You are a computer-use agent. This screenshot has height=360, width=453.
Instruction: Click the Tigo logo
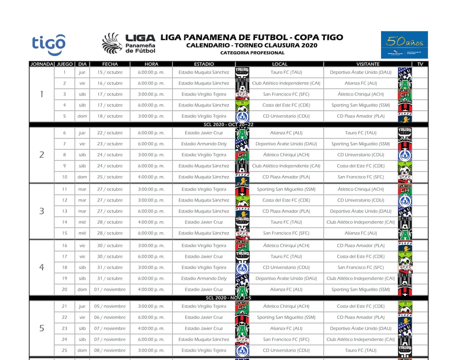point(49,45)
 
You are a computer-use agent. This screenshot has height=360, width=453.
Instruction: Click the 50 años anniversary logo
point(404,45)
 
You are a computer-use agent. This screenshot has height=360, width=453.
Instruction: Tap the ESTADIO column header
point(204,64)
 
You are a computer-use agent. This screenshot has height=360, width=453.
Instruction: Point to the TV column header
point(420,64)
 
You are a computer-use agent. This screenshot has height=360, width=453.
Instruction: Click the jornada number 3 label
point(42,211)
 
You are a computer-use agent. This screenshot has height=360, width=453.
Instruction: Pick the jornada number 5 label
point(42,328)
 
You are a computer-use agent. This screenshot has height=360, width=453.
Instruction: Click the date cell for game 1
point(110,72)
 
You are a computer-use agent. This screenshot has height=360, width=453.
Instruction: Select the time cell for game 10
point(151,177)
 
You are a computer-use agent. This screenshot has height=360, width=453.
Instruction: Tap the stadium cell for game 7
point(204,144)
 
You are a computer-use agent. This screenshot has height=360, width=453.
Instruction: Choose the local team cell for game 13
point(286,211)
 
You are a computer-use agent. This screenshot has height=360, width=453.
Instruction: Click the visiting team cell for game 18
point(361,267)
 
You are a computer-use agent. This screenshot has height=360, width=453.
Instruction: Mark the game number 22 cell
point(65,317)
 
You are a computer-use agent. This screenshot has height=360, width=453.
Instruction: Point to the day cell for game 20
point(82,289)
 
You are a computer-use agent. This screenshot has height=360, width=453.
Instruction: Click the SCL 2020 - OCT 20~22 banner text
point(229,124)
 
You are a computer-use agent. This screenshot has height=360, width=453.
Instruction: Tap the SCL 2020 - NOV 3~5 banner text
point(229,298)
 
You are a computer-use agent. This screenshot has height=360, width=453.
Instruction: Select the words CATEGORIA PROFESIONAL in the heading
point(252,53)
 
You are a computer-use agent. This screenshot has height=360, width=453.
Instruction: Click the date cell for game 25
point(110,350)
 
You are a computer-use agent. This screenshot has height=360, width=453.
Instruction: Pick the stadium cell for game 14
point(204,222)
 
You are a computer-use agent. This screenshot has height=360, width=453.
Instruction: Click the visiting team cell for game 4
point(361,105)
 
